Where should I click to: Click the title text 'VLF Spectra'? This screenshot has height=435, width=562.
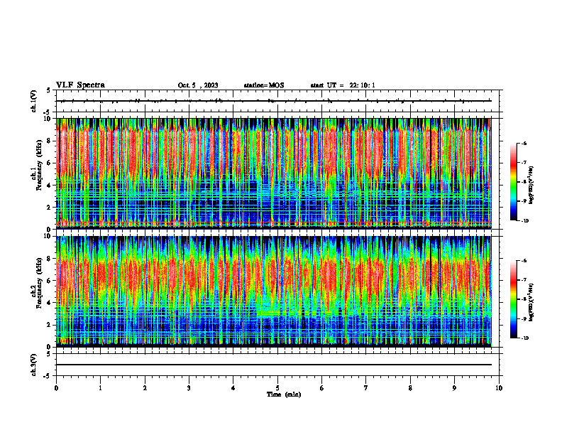click(80, 85)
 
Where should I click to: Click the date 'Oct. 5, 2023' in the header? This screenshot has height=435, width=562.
click(198, 85)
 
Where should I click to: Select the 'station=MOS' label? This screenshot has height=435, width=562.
click(263, 85)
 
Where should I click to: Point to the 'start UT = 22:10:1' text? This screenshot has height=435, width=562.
click(343, 85)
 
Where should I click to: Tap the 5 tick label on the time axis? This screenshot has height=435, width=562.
click(277, 388)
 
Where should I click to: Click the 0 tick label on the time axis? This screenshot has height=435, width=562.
click(57, 388)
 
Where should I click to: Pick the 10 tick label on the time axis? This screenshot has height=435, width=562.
click(499, 388)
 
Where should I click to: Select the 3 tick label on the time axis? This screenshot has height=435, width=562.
click(189, 388)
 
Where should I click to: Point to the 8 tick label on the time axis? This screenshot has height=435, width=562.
click(410, 388)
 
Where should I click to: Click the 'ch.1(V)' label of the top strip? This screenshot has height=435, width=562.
click(34, 102)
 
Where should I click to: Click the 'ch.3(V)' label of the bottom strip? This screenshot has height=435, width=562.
click(34, 364)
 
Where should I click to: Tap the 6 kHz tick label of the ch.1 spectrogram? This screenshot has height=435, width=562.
click(48, 163)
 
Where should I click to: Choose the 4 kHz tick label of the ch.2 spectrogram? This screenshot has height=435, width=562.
click(48, 302)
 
